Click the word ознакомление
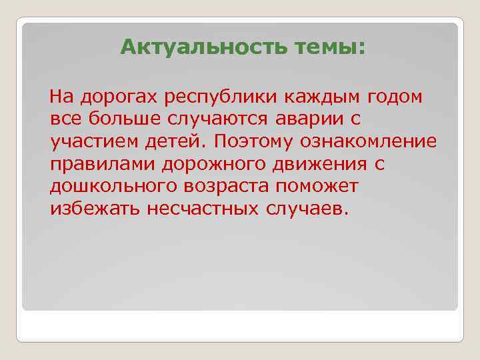380,142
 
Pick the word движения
311,165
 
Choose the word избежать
92,209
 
